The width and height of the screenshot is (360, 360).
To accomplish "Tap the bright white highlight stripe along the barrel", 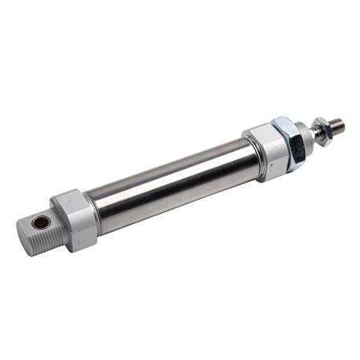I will [173, 172].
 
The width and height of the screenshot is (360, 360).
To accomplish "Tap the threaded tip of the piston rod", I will [335, 123].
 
